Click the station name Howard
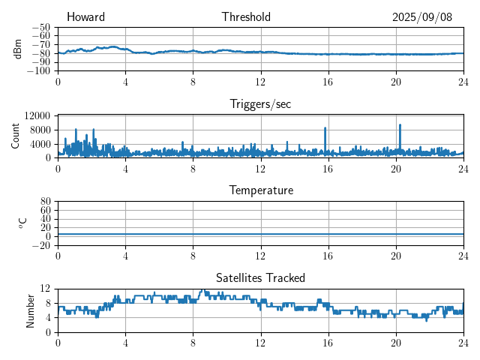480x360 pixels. click(85, 17)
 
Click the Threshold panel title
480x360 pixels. click(246, 17)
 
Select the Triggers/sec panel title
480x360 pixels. click(260, 104)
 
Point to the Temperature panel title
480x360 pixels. click(260, 190)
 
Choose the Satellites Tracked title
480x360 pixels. click(260, 278)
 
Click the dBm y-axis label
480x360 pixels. click(18, 49)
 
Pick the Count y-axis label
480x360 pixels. click(15, 136)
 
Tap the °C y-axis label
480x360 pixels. click(22, 223)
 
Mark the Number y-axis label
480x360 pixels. click(30, 310)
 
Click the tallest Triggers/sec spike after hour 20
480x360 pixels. click(400, 125)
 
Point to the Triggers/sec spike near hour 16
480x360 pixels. click(325, 128)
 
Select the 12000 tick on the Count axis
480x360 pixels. click(37, 115)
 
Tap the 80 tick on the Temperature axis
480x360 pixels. click(45, 202)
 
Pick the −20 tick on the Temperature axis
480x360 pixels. click(40, 245)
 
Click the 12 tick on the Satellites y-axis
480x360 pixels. click(45, 289)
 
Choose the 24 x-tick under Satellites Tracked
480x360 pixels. click(463, 342)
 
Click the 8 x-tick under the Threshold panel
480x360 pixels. click(193, 81)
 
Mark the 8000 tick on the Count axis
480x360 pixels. click(40, 130)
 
